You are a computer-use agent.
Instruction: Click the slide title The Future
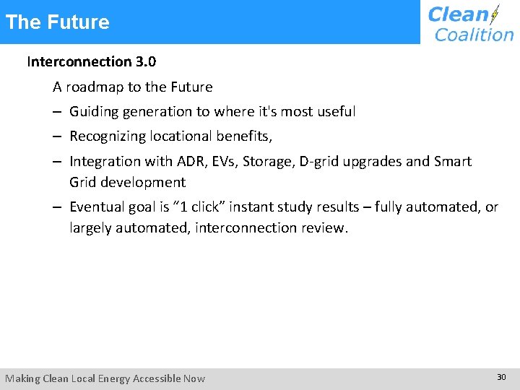[x=57, y=22]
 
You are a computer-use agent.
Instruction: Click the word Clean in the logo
[x=458, y=14]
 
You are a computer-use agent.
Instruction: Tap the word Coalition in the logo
[x=474, y=34]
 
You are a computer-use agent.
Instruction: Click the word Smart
[x=454, y=161]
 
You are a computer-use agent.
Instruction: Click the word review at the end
[x=326, y=228]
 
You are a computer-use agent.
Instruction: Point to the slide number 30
[x=501, y=377]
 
